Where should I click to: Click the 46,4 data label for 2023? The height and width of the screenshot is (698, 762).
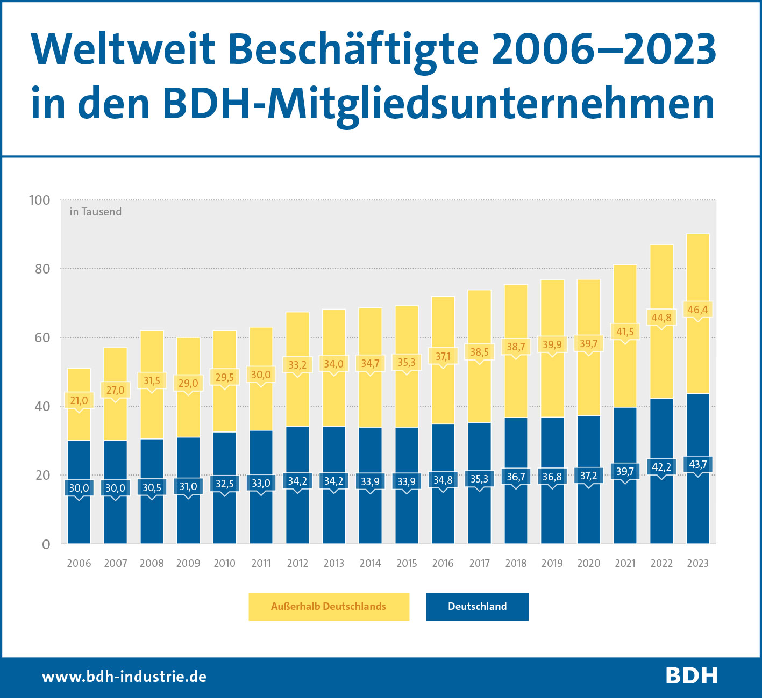(x=697, y=310)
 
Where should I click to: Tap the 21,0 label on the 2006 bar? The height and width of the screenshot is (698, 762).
(x=79, y=400)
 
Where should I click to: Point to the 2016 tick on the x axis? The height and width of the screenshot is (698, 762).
(x=443, y=563)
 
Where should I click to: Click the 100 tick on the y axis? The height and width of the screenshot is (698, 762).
(x=39, y=200)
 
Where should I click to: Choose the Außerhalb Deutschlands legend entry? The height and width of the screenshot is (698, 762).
(x=329, y=607)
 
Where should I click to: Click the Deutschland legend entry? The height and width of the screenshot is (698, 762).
(x=477, y=607)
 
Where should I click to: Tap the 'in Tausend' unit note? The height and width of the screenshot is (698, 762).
(x=96, y=212)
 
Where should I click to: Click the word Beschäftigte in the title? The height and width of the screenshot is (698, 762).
(x=353, y=50)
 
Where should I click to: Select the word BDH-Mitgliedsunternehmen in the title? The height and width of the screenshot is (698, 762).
(x=438, y=103)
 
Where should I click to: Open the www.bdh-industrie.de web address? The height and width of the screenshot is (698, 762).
(x=124, y=676)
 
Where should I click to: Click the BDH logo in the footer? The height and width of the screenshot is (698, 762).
(x=692, y=675)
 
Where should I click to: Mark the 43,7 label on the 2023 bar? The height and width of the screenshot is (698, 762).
(x=697, y=464)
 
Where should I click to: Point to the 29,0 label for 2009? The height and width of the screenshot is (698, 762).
(x=188, y=383)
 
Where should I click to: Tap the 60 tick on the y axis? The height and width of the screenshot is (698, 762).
(x=42, y=337)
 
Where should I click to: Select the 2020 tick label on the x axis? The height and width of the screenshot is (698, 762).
(x=588, y=563)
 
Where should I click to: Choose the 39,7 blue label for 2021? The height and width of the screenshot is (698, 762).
(x=625, y=471)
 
